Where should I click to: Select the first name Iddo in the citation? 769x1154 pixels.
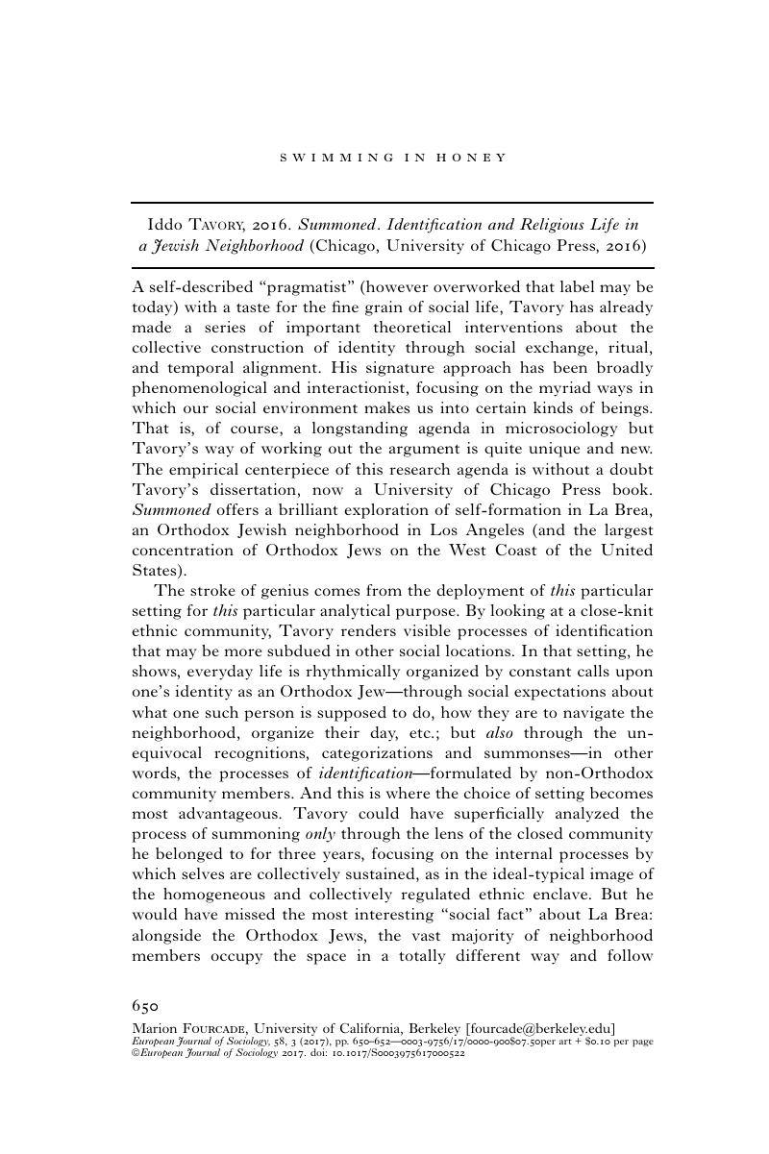[x=161, y=225]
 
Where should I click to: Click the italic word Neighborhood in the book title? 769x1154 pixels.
[x=252, y=245]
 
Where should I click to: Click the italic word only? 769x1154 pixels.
[x=332, y=832]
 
